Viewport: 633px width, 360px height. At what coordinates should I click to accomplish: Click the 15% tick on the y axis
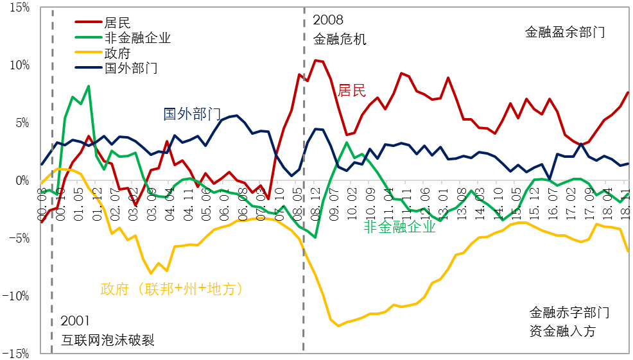pos(18,7)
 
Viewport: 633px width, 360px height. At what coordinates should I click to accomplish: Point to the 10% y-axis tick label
pos(18,65)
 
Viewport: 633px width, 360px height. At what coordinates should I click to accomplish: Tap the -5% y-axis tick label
pos(18,238)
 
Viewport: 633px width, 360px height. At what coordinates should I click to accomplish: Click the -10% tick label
pos(16,296)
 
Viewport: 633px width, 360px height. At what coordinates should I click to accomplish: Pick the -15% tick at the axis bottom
pos(16,353)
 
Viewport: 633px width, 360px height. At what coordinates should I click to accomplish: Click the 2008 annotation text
pos(329,21)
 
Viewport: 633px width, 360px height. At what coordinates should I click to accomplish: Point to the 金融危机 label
pos(340,39)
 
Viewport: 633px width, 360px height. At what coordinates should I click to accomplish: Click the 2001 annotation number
pos(76,321)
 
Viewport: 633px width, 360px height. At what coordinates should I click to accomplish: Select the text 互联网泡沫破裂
pos(108,339)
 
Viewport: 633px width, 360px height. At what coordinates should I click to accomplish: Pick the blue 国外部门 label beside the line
pos(193,114)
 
